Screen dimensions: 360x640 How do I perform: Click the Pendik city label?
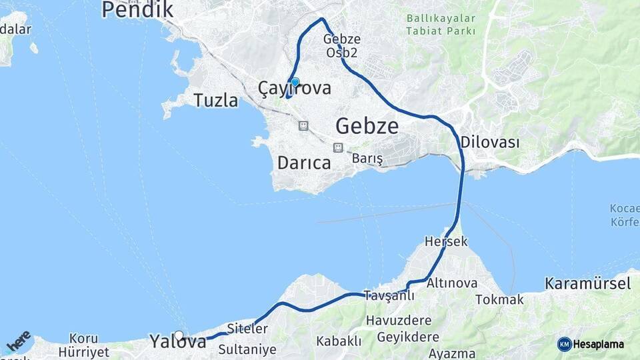[x=137, y=9]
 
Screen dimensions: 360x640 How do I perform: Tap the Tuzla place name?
[x=215, y=101]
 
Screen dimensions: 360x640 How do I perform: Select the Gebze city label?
[x=367, y=125]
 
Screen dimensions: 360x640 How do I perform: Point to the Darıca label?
[x=304, y=163]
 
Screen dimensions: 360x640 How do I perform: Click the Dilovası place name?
[x=490, y=142]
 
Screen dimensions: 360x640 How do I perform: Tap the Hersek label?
[x=446, y=241]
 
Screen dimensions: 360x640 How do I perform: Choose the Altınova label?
[x=452, y=283]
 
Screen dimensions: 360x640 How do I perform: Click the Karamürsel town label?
[x=587, y=283]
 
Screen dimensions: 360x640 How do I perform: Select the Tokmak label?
[x=499, y=299]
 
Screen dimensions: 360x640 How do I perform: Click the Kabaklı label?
[x=339, y=341]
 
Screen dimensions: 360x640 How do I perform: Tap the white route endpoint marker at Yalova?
[x=179, y=335]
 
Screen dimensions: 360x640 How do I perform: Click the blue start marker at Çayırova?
[x=295, y=82]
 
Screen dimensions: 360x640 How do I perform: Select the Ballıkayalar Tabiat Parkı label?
[x=441, y=25]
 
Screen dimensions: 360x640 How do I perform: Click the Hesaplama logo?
[x=591, y=344]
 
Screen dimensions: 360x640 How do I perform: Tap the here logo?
[x=17, y=340]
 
